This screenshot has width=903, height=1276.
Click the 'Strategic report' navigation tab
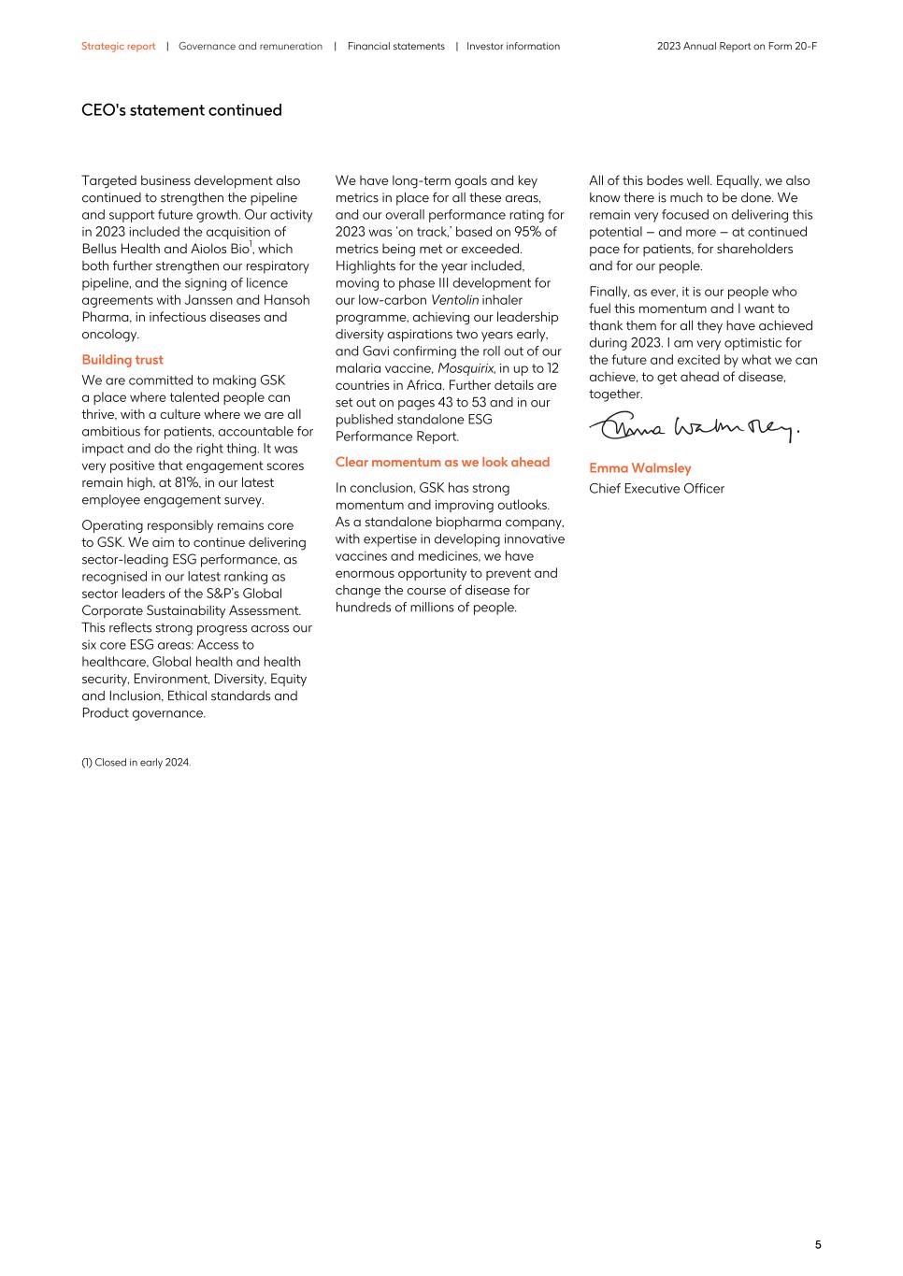(118, 46)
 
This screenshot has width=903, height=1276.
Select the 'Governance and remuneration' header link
(250, 46)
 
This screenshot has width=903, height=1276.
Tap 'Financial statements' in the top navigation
(395, 46)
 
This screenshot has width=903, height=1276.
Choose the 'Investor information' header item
(513, 46)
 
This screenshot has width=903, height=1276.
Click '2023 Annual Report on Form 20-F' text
(737, 46)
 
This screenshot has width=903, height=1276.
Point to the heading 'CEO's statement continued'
(181, 110)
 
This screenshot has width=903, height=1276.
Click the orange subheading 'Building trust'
(122, 360)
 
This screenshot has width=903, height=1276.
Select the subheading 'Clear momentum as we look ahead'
(442, 462)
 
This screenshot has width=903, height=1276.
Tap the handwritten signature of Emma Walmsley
(693, 428)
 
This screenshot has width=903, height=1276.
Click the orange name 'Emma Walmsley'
(639, 468)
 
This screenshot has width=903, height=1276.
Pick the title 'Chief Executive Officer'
(656, 488)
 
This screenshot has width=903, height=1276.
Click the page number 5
(818, 1244)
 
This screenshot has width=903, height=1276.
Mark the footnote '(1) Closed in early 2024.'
(136, 762)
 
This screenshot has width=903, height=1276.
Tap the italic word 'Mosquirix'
(465, 368)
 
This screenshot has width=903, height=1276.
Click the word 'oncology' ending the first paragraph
(108, 335)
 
